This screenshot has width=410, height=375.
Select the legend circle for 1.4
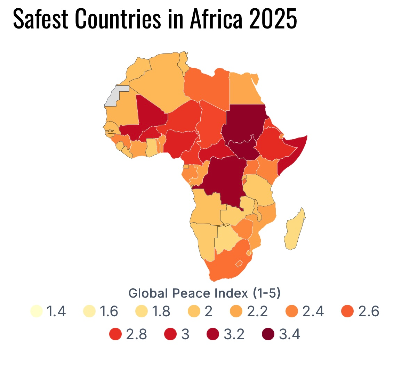[36, 311]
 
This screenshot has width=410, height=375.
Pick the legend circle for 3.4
[268, 334]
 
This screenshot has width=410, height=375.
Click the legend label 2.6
[369, 311]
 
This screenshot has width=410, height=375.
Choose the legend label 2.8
[136, 334]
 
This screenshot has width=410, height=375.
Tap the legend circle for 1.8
[142, 311]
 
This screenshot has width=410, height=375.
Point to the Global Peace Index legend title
[204, 293]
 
